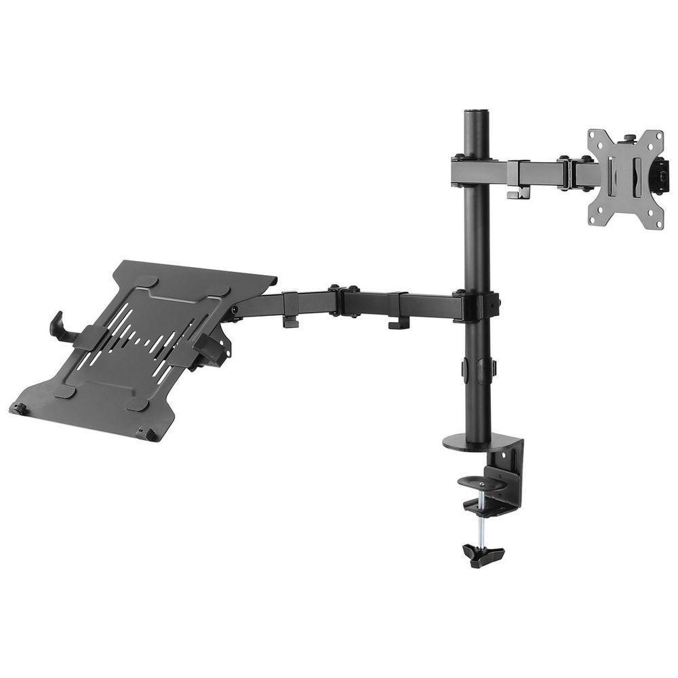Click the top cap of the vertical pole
tap(477, 112)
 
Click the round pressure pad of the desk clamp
tap(482, 483)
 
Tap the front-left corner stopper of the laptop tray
tap(19, 408)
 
